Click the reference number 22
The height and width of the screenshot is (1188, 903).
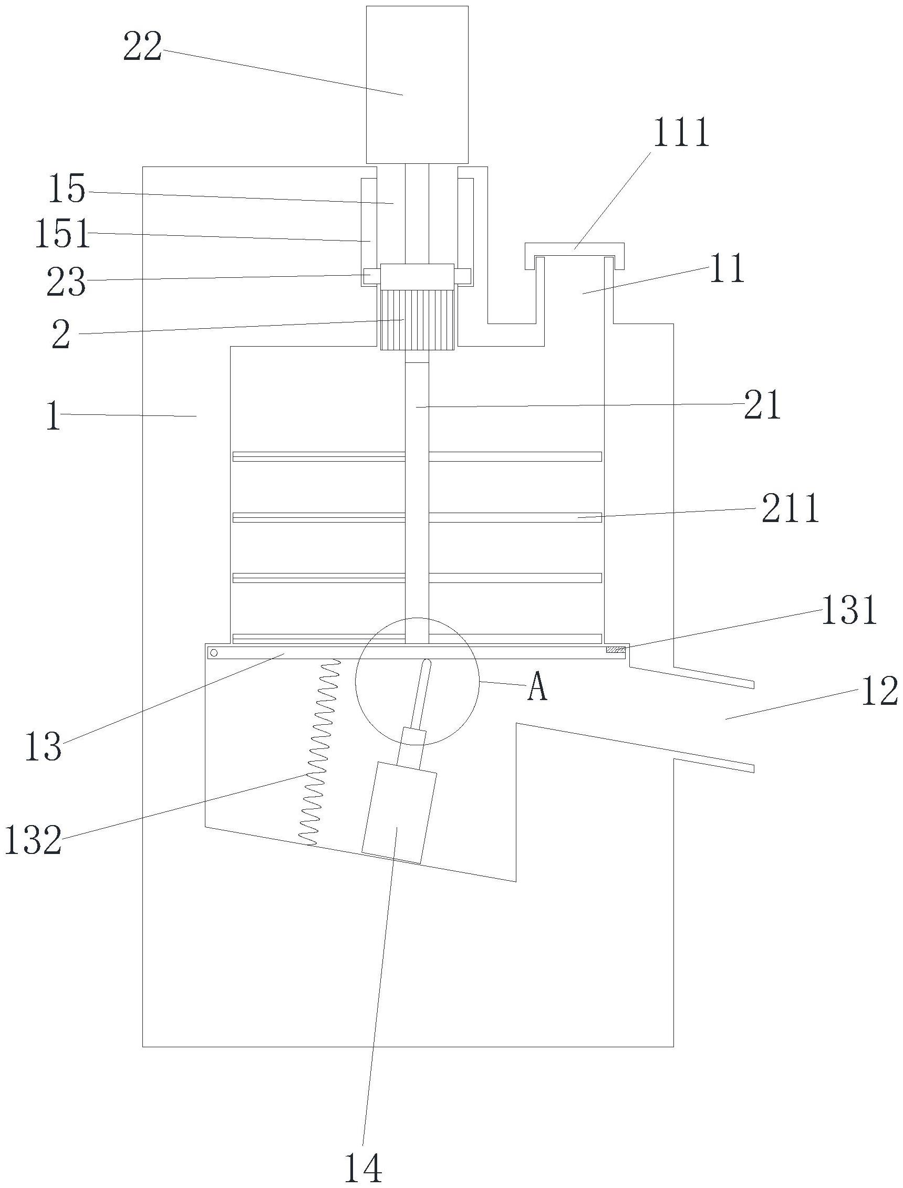click(x=142, y=47)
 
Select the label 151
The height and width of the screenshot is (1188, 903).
click(x=63, y=234)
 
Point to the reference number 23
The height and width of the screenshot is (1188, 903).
click(x=66, y=282)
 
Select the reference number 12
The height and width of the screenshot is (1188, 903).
click(x=880, y=691)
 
